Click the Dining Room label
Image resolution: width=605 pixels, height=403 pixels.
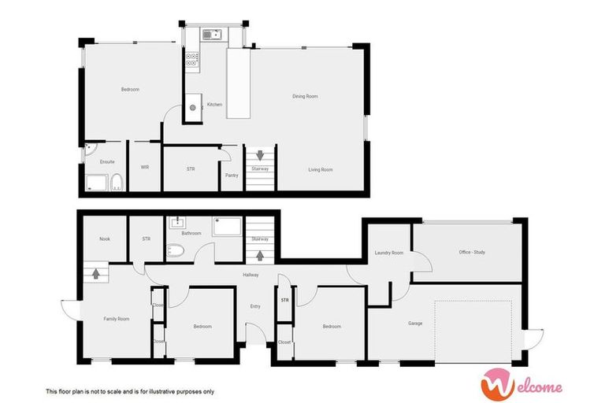tap(305, 96)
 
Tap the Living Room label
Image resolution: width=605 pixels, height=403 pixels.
tap(320, 169)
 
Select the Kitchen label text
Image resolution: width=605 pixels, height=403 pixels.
tap(214, 105)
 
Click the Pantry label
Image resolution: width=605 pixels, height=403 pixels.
tap(232, 175)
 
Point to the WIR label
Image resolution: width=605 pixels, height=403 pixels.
tap(145, 167)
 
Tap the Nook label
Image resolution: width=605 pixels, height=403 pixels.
tap(104, 238)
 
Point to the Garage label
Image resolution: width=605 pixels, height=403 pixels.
tap(415, 324)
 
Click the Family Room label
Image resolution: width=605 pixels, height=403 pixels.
tap(116, 319)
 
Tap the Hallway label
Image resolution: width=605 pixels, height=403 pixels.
tap(251, 275)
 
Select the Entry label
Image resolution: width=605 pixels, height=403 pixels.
tap(255, 306)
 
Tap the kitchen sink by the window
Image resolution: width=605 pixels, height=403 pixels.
tap(210, 35)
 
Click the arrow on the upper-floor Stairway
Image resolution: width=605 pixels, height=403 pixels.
tap(260, 155)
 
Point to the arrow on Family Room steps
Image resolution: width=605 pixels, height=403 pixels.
tap(96, 275)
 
